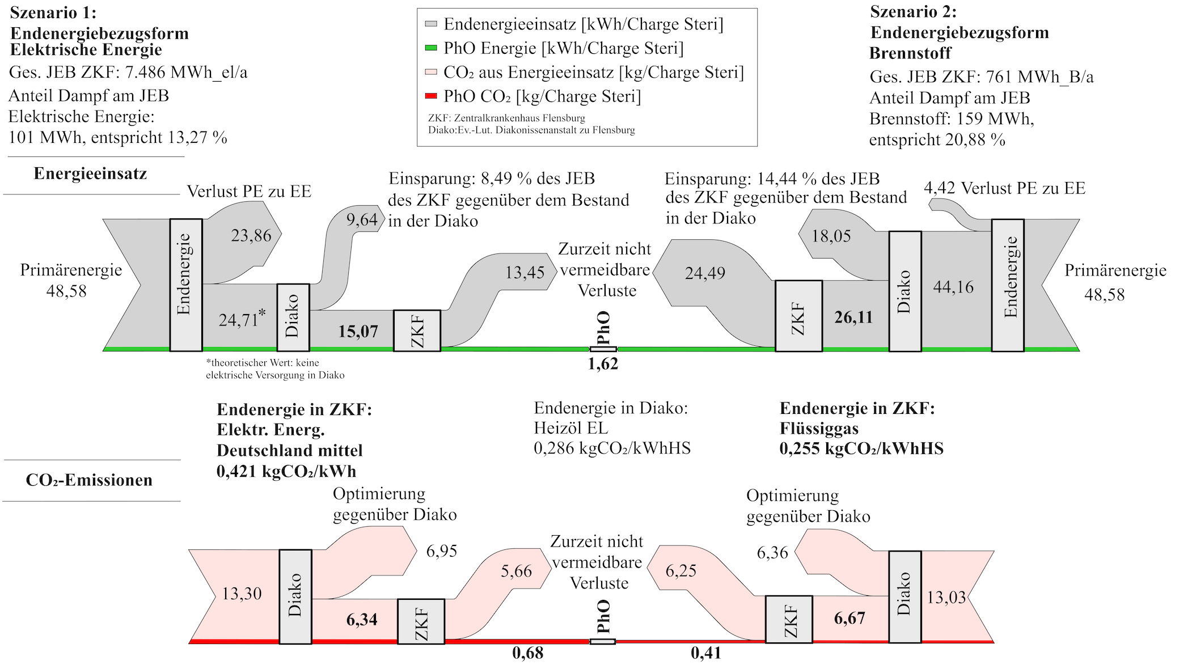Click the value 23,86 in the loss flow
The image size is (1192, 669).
[251, 235]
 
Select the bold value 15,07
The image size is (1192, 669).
[358, 331]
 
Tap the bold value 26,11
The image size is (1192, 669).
[853, 317]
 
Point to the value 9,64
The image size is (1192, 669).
[362, 220]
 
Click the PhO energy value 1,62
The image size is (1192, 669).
[603, 364]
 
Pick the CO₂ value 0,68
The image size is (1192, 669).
[527, 653]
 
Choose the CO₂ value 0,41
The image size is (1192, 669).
[706, 653]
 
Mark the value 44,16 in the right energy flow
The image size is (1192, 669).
[953, 287]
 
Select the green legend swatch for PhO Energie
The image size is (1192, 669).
[431, 49]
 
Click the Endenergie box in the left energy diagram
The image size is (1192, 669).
[186, 285]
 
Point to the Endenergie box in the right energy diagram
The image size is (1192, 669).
[1008, 285]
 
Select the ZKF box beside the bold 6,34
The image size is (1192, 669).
[421, 621]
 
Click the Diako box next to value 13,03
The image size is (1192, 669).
[904, 596]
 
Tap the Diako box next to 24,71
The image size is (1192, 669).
[293, 317]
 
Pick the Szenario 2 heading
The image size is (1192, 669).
[913, 11]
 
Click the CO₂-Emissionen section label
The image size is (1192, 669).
[89, 480]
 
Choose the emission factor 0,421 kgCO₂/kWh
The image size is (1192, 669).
[286, 471]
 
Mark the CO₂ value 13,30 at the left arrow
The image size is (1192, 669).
[242, 594]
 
